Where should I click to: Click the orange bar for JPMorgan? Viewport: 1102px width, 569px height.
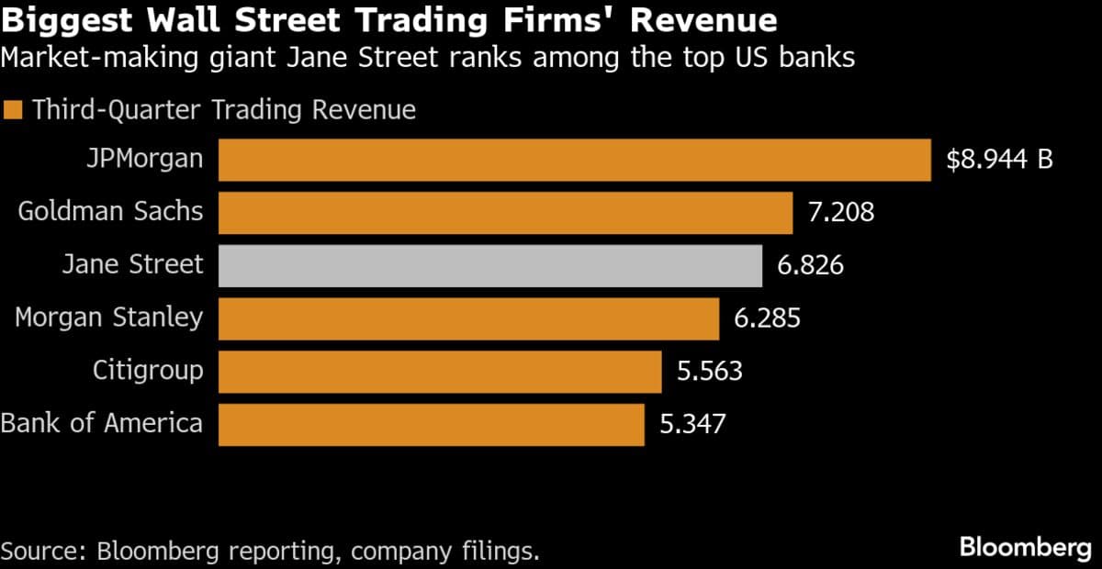[574, 160]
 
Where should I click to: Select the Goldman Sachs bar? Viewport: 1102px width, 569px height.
[505, 213]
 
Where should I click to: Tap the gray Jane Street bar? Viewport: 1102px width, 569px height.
[489, 265]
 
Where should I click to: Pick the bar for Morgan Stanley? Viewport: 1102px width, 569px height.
[468, 318]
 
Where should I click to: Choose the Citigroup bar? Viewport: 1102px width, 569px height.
[440, 372]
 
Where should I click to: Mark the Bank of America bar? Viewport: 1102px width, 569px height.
[431, 424]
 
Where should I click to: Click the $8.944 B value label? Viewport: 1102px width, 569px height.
[999, 160]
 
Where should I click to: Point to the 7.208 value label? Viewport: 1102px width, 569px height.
[841, 213]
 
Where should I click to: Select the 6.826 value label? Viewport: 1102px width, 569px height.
[810, 266]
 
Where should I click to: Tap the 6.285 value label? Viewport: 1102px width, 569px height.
[767, 318]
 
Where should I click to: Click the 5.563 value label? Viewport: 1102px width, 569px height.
[709, 372]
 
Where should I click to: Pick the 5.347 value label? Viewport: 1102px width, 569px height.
[692, 424]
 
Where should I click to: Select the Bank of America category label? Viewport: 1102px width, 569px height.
[102, 423]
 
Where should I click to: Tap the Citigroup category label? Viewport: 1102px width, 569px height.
[148, 371]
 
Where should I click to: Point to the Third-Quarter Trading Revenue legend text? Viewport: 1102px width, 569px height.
[224, 110]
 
